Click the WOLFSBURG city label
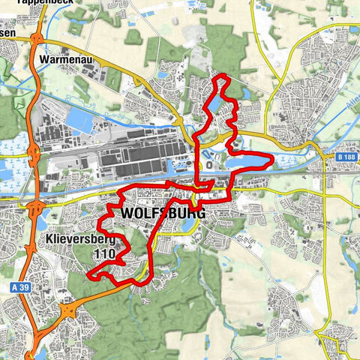click(162, 214)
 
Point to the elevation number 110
click(106, 255)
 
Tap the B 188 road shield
click(344, 157)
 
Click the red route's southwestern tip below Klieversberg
click(89, 276)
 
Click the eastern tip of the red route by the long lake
click(272, 159)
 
